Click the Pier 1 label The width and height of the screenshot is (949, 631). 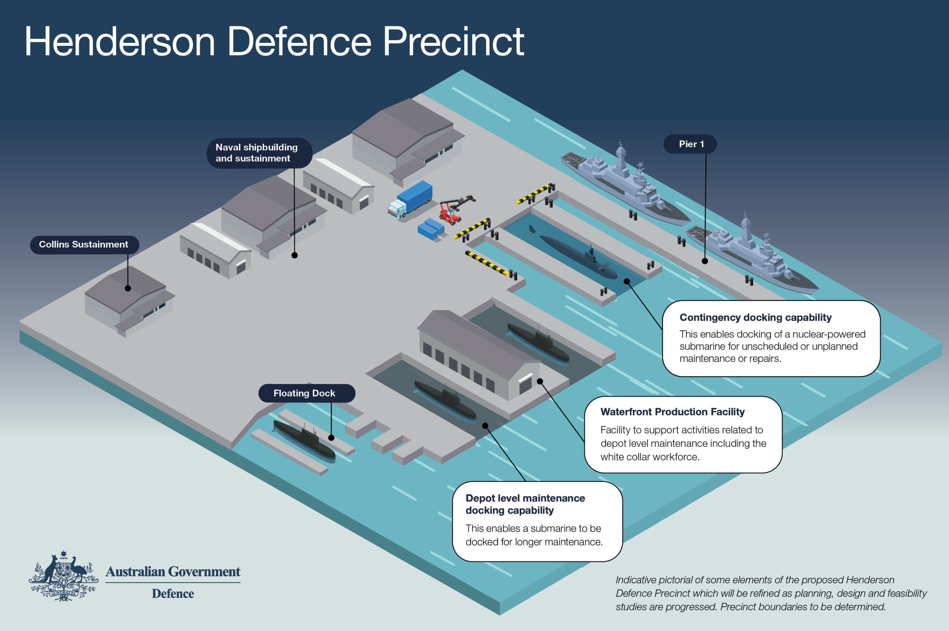click(690, 144)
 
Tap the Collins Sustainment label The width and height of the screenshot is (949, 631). click(84, 244)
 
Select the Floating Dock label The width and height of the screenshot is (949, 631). click(306, 393)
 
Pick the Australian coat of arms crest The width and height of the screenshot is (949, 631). click(63, 577)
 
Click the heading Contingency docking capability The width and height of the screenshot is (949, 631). click(755, 317)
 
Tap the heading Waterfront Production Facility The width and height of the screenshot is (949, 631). click(672, 412)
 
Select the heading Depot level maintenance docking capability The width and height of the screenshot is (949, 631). click(525, 504)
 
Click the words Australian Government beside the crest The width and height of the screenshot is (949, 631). click(173, 571)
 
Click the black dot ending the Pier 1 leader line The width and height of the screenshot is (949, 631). click(704, 261)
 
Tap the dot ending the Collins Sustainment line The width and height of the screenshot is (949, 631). click(128, 288)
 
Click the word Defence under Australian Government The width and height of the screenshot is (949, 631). click(173, 594)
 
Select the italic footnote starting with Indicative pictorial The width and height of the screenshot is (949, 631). click(770, 593)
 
